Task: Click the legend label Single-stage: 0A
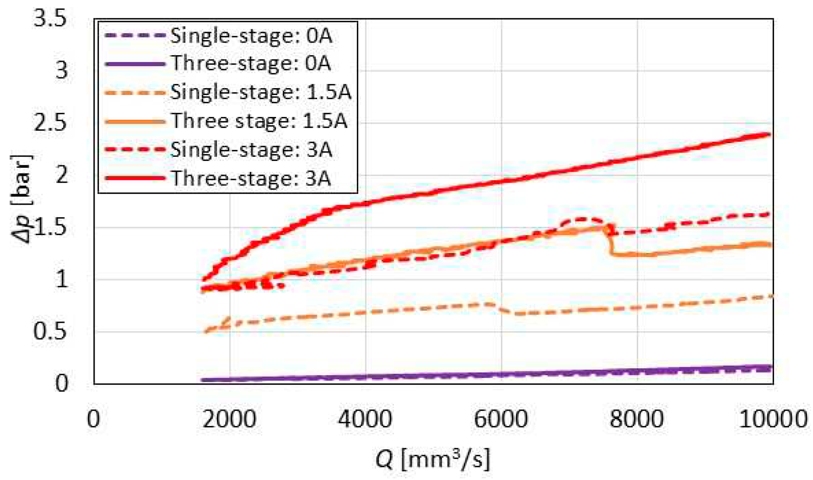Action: tap(251, 36)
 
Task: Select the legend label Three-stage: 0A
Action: tap(251, 63)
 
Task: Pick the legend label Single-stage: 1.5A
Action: tap(260, 92)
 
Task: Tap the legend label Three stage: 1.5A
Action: tap(259, 121)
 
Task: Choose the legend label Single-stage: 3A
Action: tap(251, 149)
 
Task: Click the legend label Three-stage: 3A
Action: tap(251, 178)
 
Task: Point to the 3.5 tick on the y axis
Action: tap(50, 19)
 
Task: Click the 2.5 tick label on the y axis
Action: tap(50, 123)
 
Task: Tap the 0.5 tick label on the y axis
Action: tap(50, 331)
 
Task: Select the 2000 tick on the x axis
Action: tap(230, 418)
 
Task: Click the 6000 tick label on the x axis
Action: tap(501, 418)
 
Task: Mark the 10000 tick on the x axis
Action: tap(773, 418)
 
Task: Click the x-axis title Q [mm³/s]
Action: tap(432, 459)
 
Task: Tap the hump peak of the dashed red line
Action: tap(583, 219)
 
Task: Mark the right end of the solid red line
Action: tap(769, 134)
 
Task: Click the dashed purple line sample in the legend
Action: tap(135, 36)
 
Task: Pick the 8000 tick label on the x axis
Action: tap(637, 418)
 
